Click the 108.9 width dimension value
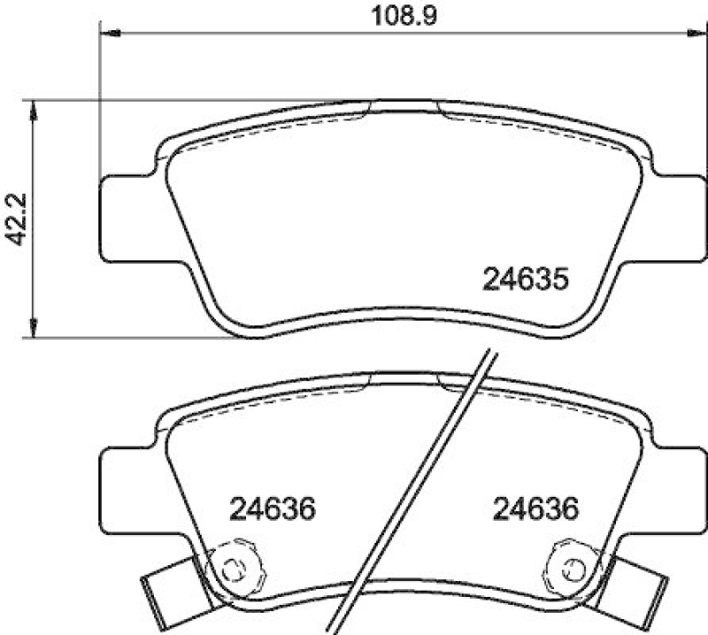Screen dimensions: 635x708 394,15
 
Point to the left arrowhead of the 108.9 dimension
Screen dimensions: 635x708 109,33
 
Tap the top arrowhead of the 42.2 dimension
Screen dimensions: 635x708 34,109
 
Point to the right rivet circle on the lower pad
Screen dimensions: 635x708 567,567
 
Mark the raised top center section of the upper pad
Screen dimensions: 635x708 404,108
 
